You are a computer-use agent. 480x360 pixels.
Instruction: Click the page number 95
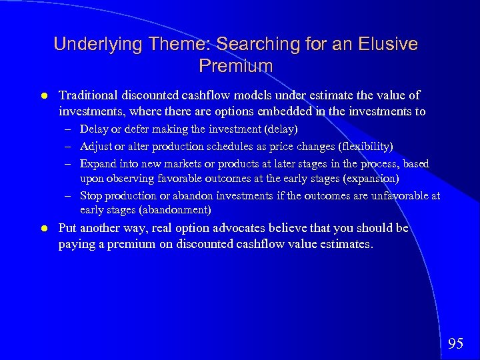tap(456, 343)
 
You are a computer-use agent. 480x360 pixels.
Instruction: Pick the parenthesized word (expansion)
tap(370, 179)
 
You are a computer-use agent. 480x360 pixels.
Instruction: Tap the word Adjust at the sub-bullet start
tap(94, 146)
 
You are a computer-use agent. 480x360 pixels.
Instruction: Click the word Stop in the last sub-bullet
tap(91, 195)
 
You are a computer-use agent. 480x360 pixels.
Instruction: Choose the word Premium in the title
tap(236, 66)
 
